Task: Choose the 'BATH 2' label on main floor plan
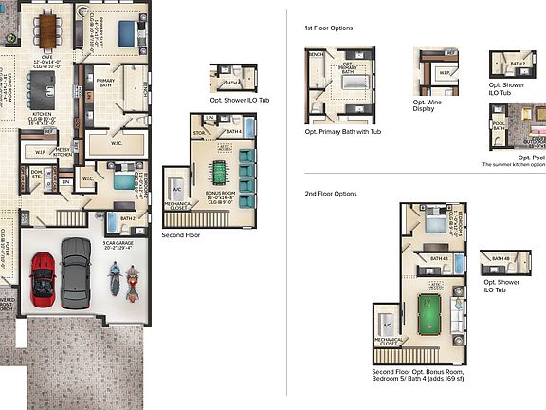tap(129, 219)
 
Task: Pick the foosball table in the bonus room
tap(219, 174)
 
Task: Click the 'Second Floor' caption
tap(180, 233)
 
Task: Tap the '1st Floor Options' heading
tap(329, 28)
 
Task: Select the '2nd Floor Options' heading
tap(331, 194)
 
